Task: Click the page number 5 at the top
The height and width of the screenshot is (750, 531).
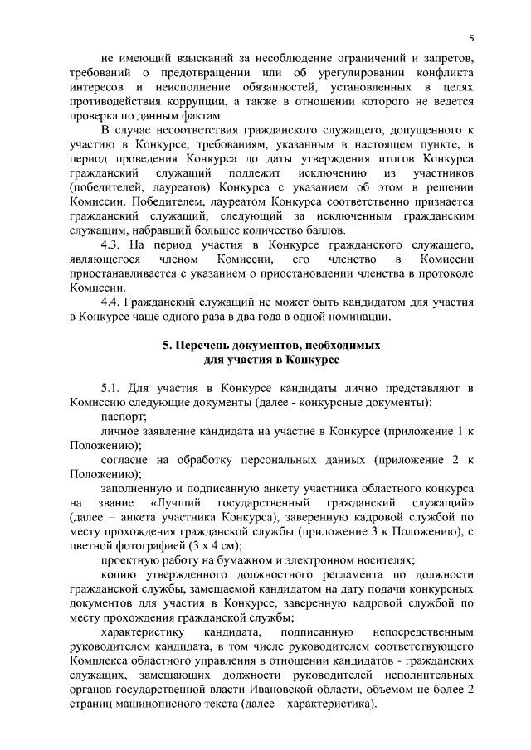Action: pos(470,38)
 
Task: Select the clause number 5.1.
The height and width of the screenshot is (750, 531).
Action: pos(114,388)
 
